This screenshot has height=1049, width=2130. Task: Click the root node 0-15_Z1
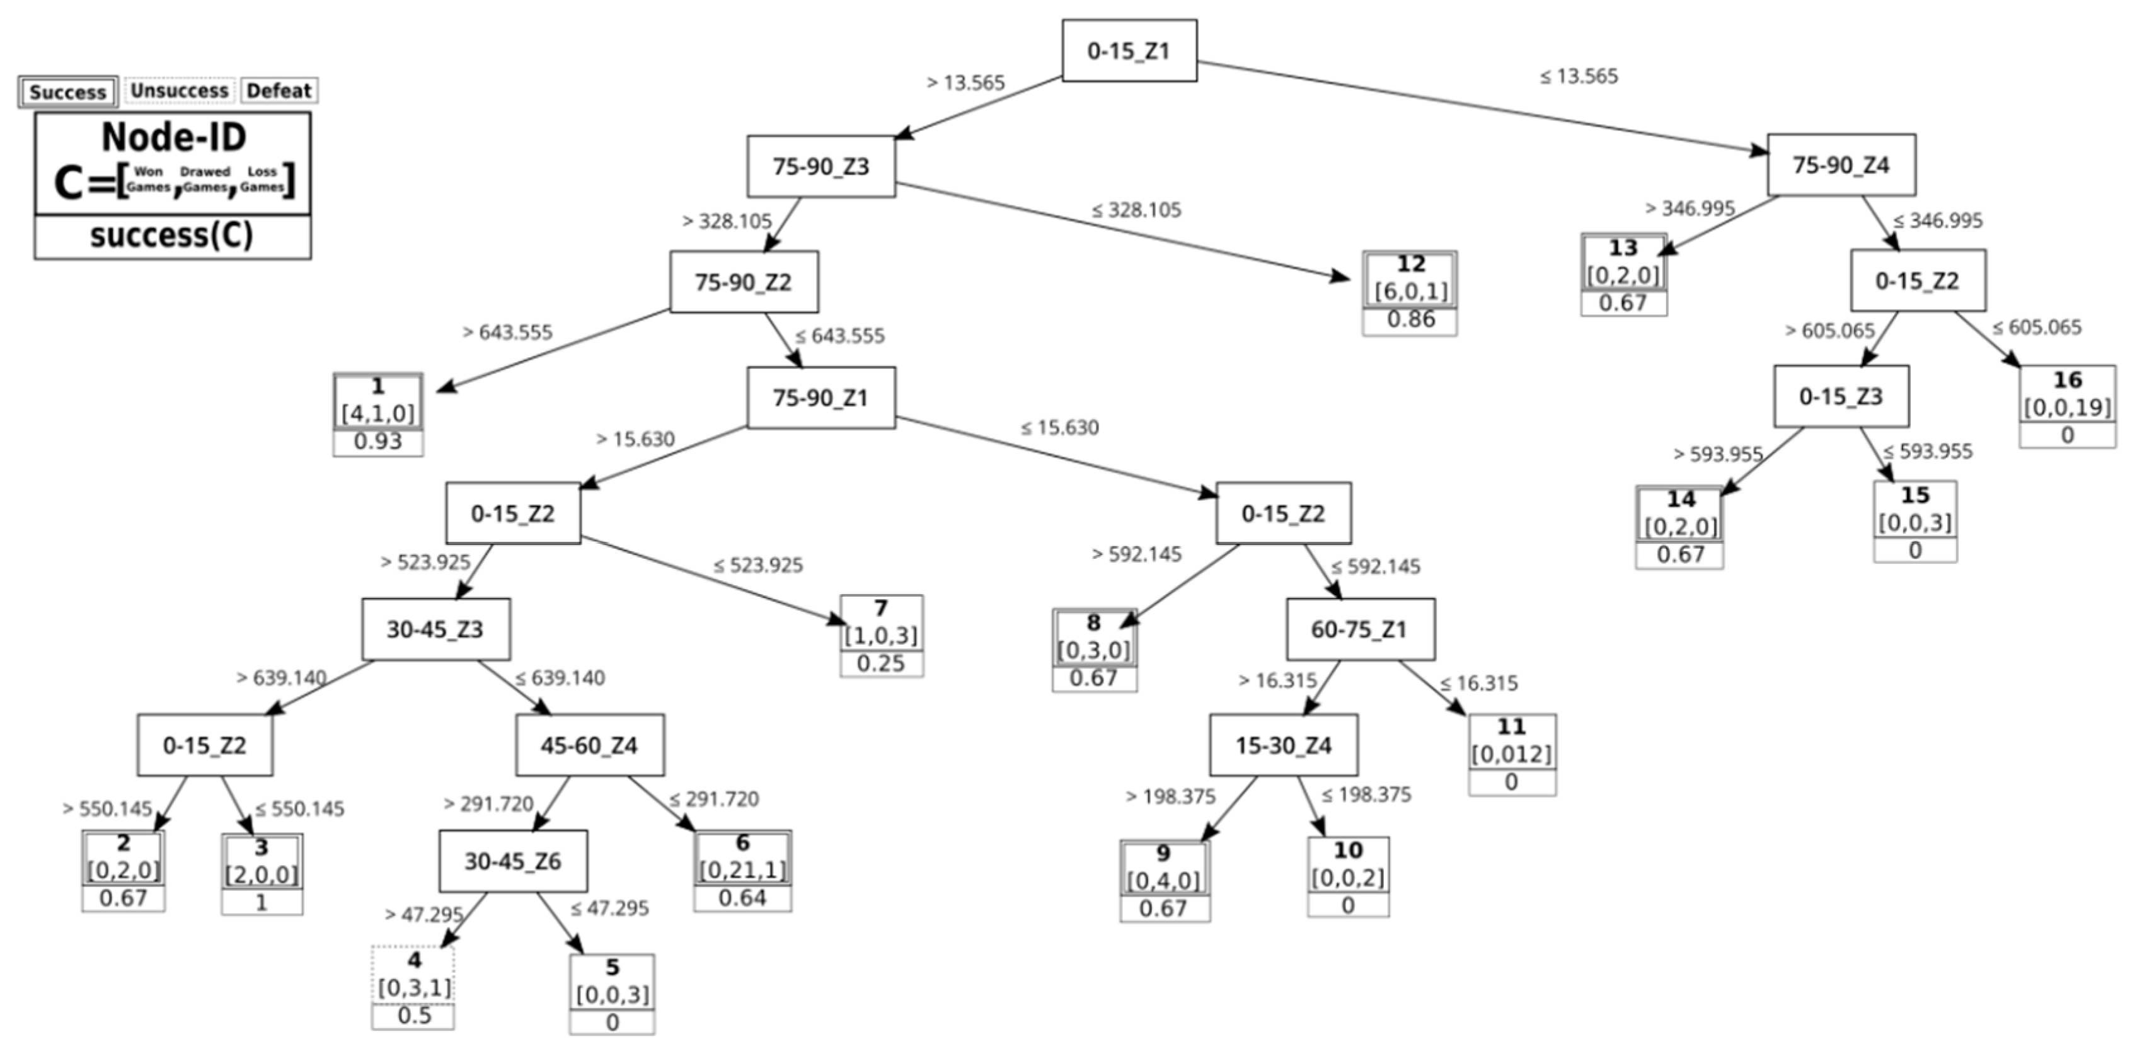1129,50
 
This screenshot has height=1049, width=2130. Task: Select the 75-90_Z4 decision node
1841,164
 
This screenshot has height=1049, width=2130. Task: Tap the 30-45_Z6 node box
513,861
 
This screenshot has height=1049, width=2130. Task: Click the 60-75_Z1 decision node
1359,629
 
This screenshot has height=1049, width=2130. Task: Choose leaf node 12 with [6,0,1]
1410,278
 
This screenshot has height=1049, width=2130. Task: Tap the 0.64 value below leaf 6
742,898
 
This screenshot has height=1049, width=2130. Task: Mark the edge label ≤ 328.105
1136,210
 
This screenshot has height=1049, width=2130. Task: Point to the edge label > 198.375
1170,796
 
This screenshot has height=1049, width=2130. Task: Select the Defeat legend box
279,90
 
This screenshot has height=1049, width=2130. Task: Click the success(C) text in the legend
172,236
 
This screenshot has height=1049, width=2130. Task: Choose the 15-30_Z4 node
1283,745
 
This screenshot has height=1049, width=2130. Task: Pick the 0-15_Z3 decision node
1841,396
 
